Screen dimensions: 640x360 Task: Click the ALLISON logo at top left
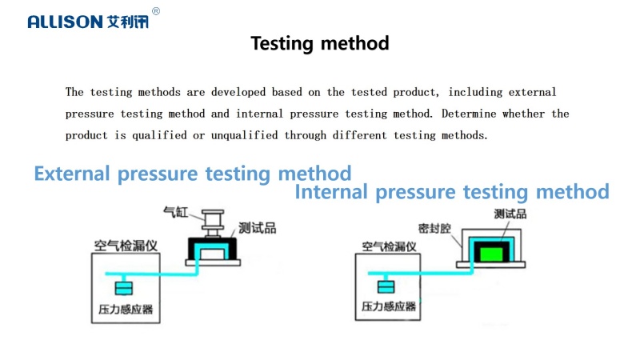88,22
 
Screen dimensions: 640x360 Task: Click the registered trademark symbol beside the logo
156,11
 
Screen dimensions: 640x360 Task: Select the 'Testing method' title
320,43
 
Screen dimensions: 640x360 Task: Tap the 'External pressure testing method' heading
193,174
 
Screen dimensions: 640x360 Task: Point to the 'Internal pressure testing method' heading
452,192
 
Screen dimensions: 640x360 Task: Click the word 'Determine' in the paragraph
469,114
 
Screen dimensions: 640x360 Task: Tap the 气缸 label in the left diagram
175,212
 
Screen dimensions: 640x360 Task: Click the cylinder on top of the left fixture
213,223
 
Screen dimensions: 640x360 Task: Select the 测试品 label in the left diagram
257,228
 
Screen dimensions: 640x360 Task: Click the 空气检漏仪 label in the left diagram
126,246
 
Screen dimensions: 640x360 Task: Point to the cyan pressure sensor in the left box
124,288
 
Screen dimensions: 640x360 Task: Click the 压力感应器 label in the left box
126,310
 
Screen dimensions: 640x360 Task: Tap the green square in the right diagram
491,254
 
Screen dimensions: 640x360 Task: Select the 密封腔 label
434,228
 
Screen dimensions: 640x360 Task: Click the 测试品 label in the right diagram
510,214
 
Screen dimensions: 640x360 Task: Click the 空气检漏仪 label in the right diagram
389,246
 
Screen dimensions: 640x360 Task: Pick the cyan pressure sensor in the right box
386,286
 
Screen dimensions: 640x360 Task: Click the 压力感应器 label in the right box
389,306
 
